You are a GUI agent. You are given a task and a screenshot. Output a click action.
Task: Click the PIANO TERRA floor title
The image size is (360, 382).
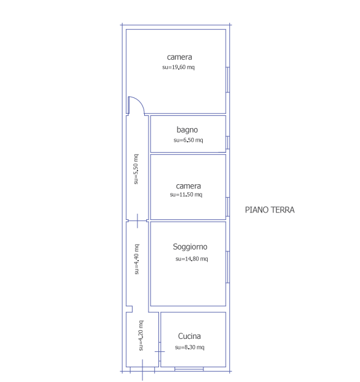(x=269, y=209)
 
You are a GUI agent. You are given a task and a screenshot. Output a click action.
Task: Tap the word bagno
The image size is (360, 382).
(x=187, y=130)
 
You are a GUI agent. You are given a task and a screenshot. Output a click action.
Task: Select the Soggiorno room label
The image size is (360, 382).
(x=190, y=247)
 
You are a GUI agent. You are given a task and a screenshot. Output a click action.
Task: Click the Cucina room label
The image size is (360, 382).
(x=189, y=336)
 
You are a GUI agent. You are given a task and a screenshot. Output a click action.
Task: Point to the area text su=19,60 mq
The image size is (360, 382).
(x=178, y=67)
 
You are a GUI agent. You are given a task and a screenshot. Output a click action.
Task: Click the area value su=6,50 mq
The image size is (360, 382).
(x=188, y=140)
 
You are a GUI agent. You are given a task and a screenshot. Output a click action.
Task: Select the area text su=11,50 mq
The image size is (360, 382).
(x=186, y=195)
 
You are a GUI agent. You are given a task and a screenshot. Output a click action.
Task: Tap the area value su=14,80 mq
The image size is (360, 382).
(x=192, y=259)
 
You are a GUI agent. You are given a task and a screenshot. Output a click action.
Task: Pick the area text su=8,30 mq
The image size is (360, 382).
(x=190, y=347)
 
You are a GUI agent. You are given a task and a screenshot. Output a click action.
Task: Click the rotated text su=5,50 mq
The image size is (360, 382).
(x=136, y=169)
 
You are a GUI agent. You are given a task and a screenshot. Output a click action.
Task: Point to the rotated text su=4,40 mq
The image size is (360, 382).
(x=137, y=259)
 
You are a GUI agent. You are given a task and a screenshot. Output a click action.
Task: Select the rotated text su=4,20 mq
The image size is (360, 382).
(x=141, y=335)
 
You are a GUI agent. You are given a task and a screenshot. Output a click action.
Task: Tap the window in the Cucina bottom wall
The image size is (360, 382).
(x=189, y=369)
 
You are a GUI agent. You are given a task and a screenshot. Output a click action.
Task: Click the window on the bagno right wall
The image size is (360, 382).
(x=227, y=142)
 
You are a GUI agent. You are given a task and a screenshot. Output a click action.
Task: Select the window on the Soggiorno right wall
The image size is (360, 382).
(x=227, y=267)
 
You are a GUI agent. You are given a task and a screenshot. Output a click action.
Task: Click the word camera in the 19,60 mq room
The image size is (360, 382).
(x=179, y=57)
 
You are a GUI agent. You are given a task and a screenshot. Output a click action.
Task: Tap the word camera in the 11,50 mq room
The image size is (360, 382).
(x=189, y=186)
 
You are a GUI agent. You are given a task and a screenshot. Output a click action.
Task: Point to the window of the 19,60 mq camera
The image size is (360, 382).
(x=227, y=79)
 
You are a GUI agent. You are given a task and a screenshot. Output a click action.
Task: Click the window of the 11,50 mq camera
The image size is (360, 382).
(x=227, y=207)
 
